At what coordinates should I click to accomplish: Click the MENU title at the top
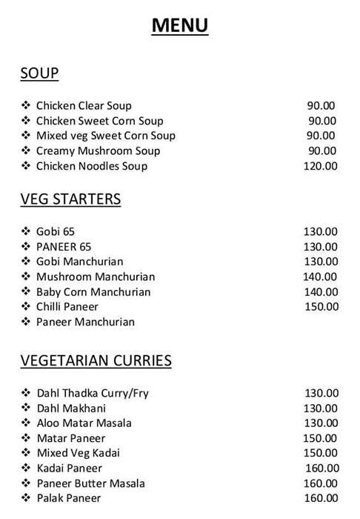180,26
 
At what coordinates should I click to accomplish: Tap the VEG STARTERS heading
70,199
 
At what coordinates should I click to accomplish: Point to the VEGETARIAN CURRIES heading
96,361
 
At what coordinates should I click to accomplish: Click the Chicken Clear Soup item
84,106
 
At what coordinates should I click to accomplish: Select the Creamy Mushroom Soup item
98,151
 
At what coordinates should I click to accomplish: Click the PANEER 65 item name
64,247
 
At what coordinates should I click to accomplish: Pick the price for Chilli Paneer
321,307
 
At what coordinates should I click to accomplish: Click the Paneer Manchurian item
85,323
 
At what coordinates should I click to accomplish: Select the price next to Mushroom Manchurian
321,277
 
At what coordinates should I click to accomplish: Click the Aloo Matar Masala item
84,423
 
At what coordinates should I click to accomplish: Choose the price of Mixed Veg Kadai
321,453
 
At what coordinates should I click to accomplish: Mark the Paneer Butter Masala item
90,483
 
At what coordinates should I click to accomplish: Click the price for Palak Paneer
321,498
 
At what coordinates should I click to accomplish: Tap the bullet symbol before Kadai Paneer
25,469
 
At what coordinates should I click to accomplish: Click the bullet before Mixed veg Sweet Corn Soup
25,136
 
